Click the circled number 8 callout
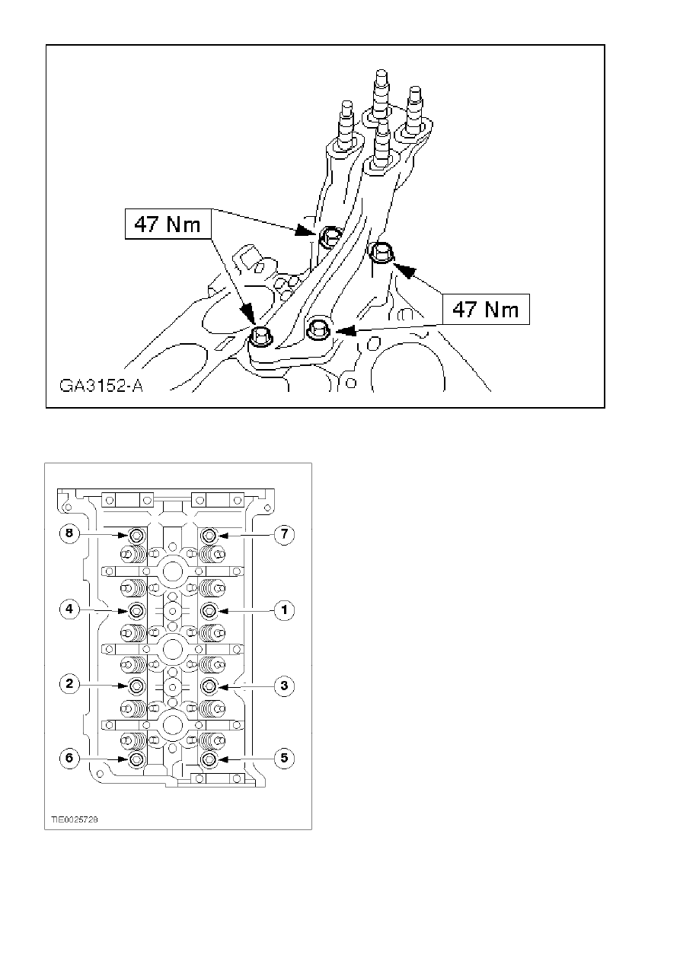(69, 534)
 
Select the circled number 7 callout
(284, 535)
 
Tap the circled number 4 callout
(69, 609)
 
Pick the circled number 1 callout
(284, 610)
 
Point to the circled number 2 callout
(69, 684)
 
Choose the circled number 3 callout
(284, 686)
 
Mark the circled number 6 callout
(69, 758)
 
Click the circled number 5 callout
(284, 758)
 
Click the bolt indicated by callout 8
(136, 536)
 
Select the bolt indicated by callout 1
(209, 610)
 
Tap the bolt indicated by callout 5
(209, 759)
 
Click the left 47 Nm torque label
(168, 224)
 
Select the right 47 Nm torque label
(486, 309)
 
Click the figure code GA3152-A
(101, 386)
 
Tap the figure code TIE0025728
(75, 819)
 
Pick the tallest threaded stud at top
(380, 97)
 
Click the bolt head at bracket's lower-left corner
(260, 336)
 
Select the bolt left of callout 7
(209, 536)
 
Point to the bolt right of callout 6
(136, 759)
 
